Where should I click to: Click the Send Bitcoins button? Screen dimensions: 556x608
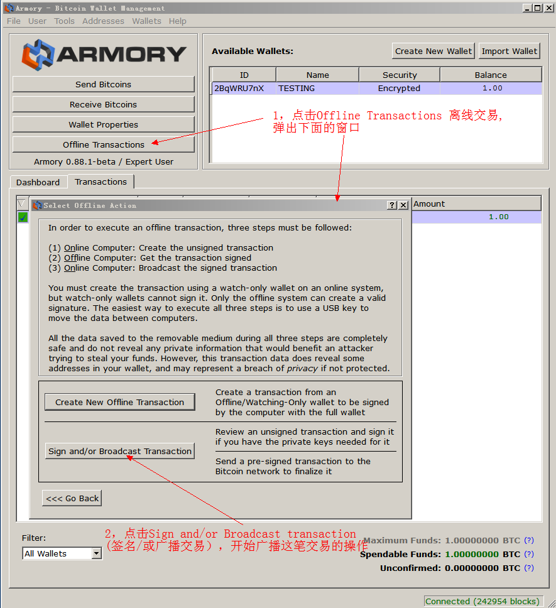click(x=103, y=84)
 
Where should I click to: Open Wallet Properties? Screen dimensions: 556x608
click(x=103, y=124)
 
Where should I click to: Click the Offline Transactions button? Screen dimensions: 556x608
click(x=103, y=144)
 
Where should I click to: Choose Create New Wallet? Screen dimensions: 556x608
click(x=433, y=51)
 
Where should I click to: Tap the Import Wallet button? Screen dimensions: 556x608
click(x=509, y=51)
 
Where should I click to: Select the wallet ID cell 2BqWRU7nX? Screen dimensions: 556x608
click(x=239, y=89)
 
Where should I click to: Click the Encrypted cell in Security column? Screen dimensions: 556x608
click(x=399, y=89)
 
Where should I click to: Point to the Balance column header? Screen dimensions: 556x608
click(x=491, y=75)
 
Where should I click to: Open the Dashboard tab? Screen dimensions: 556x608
click(x=38, y=182)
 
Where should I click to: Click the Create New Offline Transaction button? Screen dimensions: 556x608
click(x=120, y=402)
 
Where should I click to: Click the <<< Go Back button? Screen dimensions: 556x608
click(x=72, y=498)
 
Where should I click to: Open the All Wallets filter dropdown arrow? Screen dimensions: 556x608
click(x=97, y=553)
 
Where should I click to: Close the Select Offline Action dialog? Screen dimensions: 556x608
click(x=403, y=205)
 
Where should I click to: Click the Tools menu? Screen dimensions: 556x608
click(x=64, y=21)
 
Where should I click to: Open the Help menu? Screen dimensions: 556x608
click(x=178, y=21)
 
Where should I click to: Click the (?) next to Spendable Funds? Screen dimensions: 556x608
click(x=529, y=554)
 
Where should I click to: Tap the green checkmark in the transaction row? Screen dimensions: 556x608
click(x=23, y=217)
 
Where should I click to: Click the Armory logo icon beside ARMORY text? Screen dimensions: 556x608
click(x=38, y=55)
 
